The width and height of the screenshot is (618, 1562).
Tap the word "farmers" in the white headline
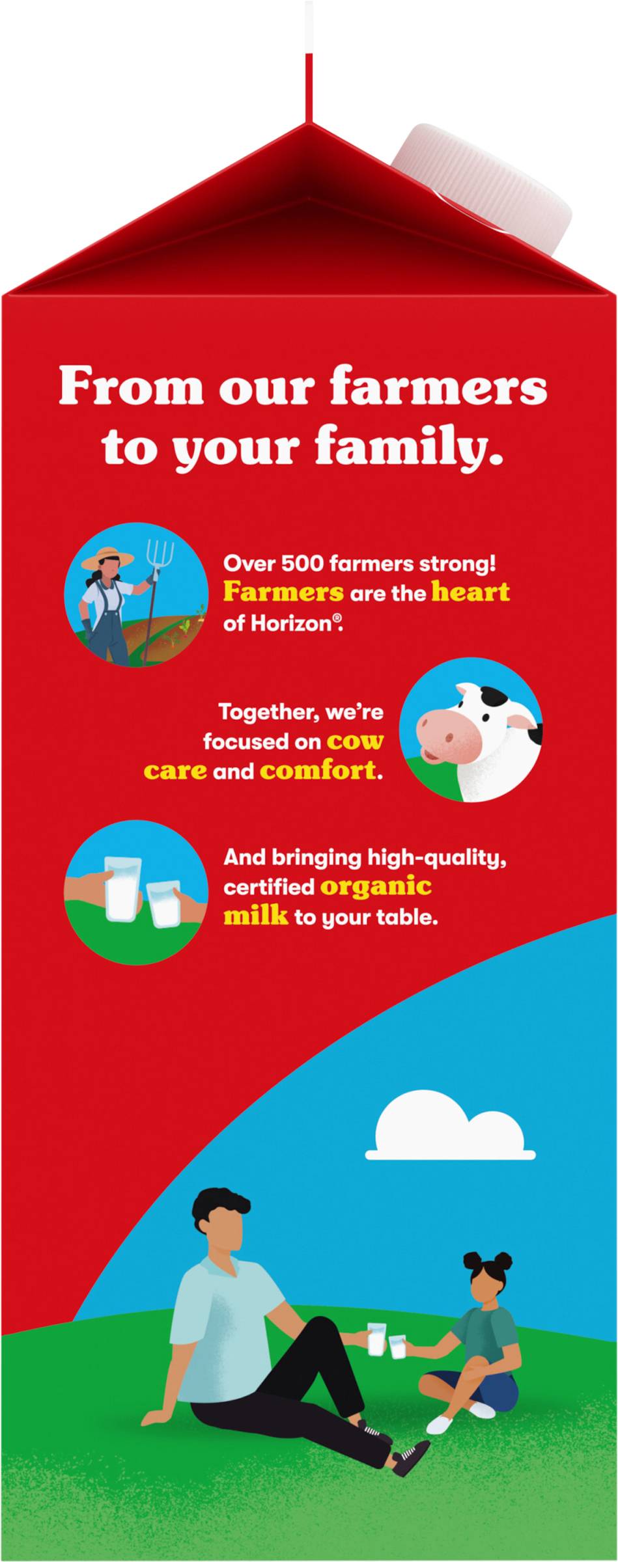coord(438,387)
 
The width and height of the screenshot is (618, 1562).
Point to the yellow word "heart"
coord(470,592)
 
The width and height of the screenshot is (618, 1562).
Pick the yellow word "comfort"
coord(318,771)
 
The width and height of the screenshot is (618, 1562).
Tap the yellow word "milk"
coord(256,916)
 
